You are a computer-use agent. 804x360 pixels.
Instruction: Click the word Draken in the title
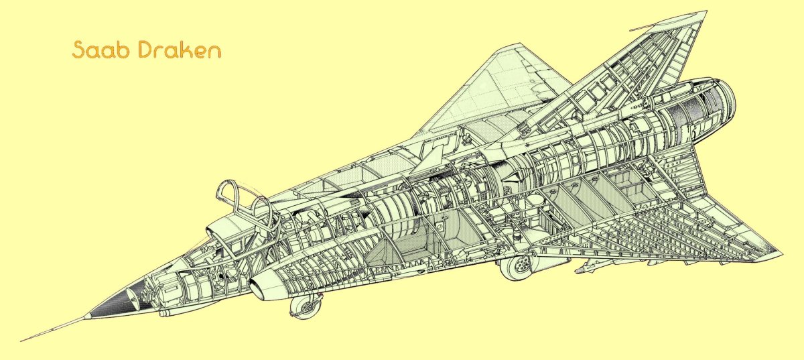pos(180,50)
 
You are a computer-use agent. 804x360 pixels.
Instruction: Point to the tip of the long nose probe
pos(23,339)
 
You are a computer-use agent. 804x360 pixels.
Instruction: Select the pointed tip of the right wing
pos(781,253)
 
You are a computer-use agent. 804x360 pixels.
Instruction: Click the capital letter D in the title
pos(146,50)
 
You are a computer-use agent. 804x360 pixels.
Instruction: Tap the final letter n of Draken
pos(214,52)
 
